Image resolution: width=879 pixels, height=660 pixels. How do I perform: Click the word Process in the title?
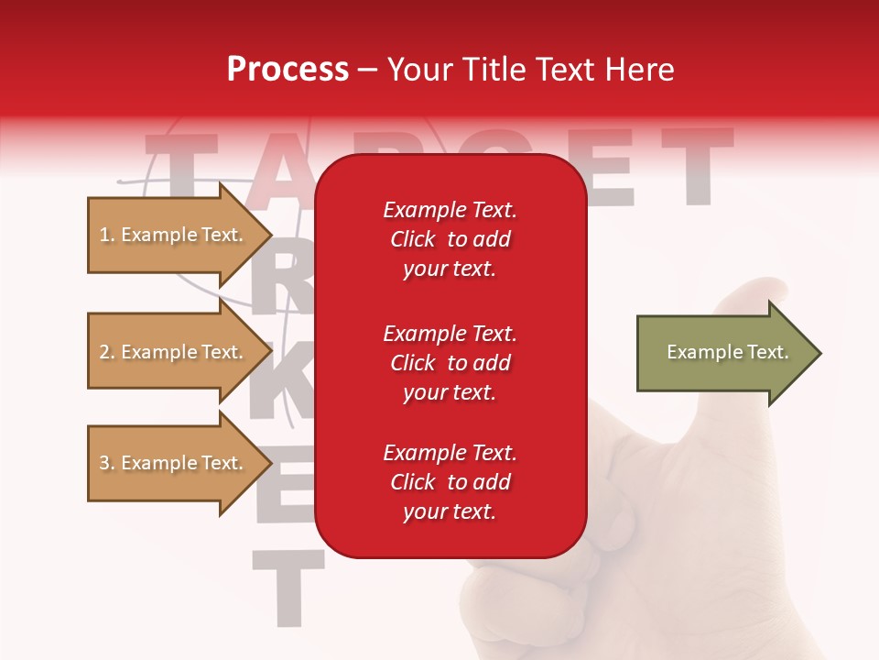click(x=288, y=70)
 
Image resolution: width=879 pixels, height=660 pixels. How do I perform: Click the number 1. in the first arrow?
click(x=106, y=236)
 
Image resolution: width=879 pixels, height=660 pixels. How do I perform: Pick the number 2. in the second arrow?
click(x=106, y=353)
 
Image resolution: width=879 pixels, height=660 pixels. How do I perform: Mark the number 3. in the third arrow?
click(x=106, y=464)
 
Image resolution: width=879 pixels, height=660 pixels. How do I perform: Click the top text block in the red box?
click(x=450, y=239)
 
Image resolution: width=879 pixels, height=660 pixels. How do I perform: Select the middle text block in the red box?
click(x=450, y=363)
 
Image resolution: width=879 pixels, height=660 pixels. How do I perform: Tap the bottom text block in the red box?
click(x=450, y=482)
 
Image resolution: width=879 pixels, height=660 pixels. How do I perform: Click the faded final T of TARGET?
click(x=698, y=165)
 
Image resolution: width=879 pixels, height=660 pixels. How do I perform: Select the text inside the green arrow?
click(x=728, y=352)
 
